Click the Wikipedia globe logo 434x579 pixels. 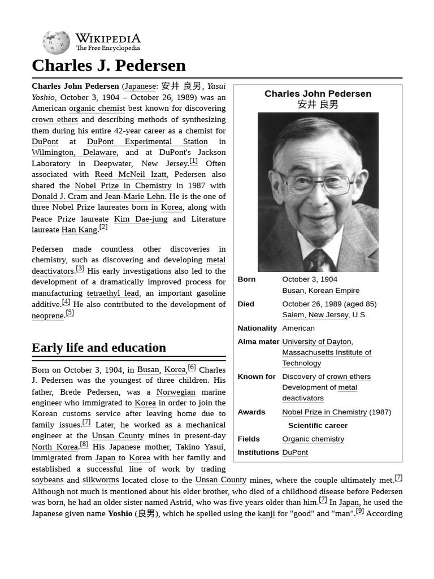click(x=56, y=42)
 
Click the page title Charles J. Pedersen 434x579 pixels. click(x=108, y=65)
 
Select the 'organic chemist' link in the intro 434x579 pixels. click(x=97, y=108)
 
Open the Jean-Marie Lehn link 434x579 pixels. click(x=134, y=196)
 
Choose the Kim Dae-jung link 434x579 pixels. click(x=140, y=219)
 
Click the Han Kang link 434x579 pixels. click(x=79, y=230)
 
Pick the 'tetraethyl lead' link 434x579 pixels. click(x=112, y=293)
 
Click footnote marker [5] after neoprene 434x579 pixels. click(x=70, y=313)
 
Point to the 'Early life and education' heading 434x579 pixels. click(x=99, y=347)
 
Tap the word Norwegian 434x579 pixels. click(x=176, y=392)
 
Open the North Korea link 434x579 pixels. click(x=54, y=447)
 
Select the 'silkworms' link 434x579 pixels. click(x=101, y=480)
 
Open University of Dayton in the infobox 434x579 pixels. click(x=316, y=342)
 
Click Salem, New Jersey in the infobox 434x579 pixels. click(x=315, y=314)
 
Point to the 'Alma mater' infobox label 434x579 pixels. click(x=258, y=342)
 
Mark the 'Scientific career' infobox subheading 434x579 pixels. click(x=318, y=425)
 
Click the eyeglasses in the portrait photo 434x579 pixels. click(x=316, y=183)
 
